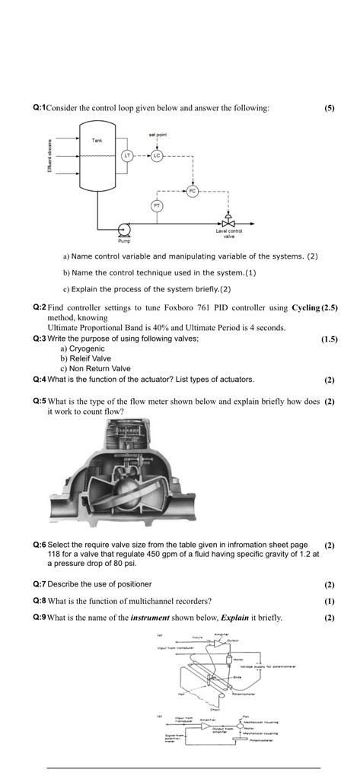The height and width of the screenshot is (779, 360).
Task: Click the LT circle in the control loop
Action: click(x=128, y=155)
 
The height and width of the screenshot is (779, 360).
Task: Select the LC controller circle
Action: click(x=156, y=155)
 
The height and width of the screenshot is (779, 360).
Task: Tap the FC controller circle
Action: click(x=192, y=192)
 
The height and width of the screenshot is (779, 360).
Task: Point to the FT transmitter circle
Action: click(x=157, y=205)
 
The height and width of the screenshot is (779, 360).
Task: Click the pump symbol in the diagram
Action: click(x=123, y=229)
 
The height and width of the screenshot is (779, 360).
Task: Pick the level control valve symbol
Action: click(x=228, y=221)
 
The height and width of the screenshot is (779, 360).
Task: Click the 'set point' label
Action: click(x=158, y=134)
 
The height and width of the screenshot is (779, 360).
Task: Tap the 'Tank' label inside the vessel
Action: click(x=97, y=141)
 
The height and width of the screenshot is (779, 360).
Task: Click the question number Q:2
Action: click(x=40, y=307)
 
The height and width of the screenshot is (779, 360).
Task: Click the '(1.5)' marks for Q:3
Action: click(x=329, y=339)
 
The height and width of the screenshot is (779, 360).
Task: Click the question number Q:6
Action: click(x=40, y=545)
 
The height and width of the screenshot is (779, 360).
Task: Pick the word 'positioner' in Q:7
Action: click(x=133, y=584)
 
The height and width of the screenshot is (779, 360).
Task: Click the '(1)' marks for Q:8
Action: click(x=329, y=601)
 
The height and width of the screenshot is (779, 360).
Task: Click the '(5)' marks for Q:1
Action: click(x=329, y=108)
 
